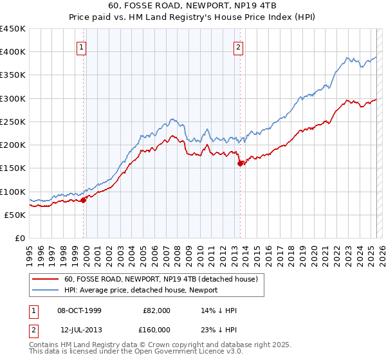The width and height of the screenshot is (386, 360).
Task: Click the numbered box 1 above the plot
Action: pos(83,46)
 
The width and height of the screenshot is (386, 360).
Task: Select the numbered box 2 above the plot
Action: pos(239,46)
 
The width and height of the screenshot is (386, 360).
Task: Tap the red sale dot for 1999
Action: pos(84,200)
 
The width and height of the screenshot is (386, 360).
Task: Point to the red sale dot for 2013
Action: pos(241,163)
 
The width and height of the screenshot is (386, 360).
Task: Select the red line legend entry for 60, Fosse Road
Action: pos(161,279)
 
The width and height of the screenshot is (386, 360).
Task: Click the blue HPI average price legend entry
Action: pos(141,291)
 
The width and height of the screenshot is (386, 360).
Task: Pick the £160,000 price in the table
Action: pos(157,330)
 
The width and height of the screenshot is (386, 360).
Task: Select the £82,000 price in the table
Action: pos(157,310)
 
